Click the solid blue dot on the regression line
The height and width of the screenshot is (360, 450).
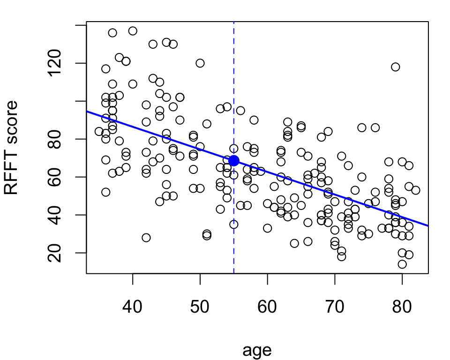point(234,161)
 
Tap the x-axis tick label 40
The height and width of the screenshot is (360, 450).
point(132,307)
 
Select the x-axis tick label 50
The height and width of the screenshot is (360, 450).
point(200,307)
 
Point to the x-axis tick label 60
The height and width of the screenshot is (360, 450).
point(267,307)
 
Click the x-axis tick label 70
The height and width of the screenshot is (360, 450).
point(335,307)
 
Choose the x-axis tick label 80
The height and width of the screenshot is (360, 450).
point(402,307)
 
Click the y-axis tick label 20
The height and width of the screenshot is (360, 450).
point(54,253)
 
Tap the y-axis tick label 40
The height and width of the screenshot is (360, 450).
point(54,215)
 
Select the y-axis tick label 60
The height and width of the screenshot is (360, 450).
point(54,177)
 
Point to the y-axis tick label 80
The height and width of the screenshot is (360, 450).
point(54,139)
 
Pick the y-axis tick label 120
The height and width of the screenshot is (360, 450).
point(54,63)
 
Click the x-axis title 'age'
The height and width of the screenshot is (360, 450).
point(257,351)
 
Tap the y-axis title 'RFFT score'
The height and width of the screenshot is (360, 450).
point(11,148)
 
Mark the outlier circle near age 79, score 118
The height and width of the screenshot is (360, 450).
point(396,67)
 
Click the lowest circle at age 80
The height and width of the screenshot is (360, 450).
point(402,264)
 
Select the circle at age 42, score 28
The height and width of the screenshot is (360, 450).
point(146,238)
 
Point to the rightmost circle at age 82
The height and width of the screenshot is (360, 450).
point(416,190)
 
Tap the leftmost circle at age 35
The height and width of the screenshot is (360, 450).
point(99,131)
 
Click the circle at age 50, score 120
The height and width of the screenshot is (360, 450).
point(200,63)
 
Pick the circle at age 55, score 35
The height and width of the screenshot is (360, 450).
point(233,225)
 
